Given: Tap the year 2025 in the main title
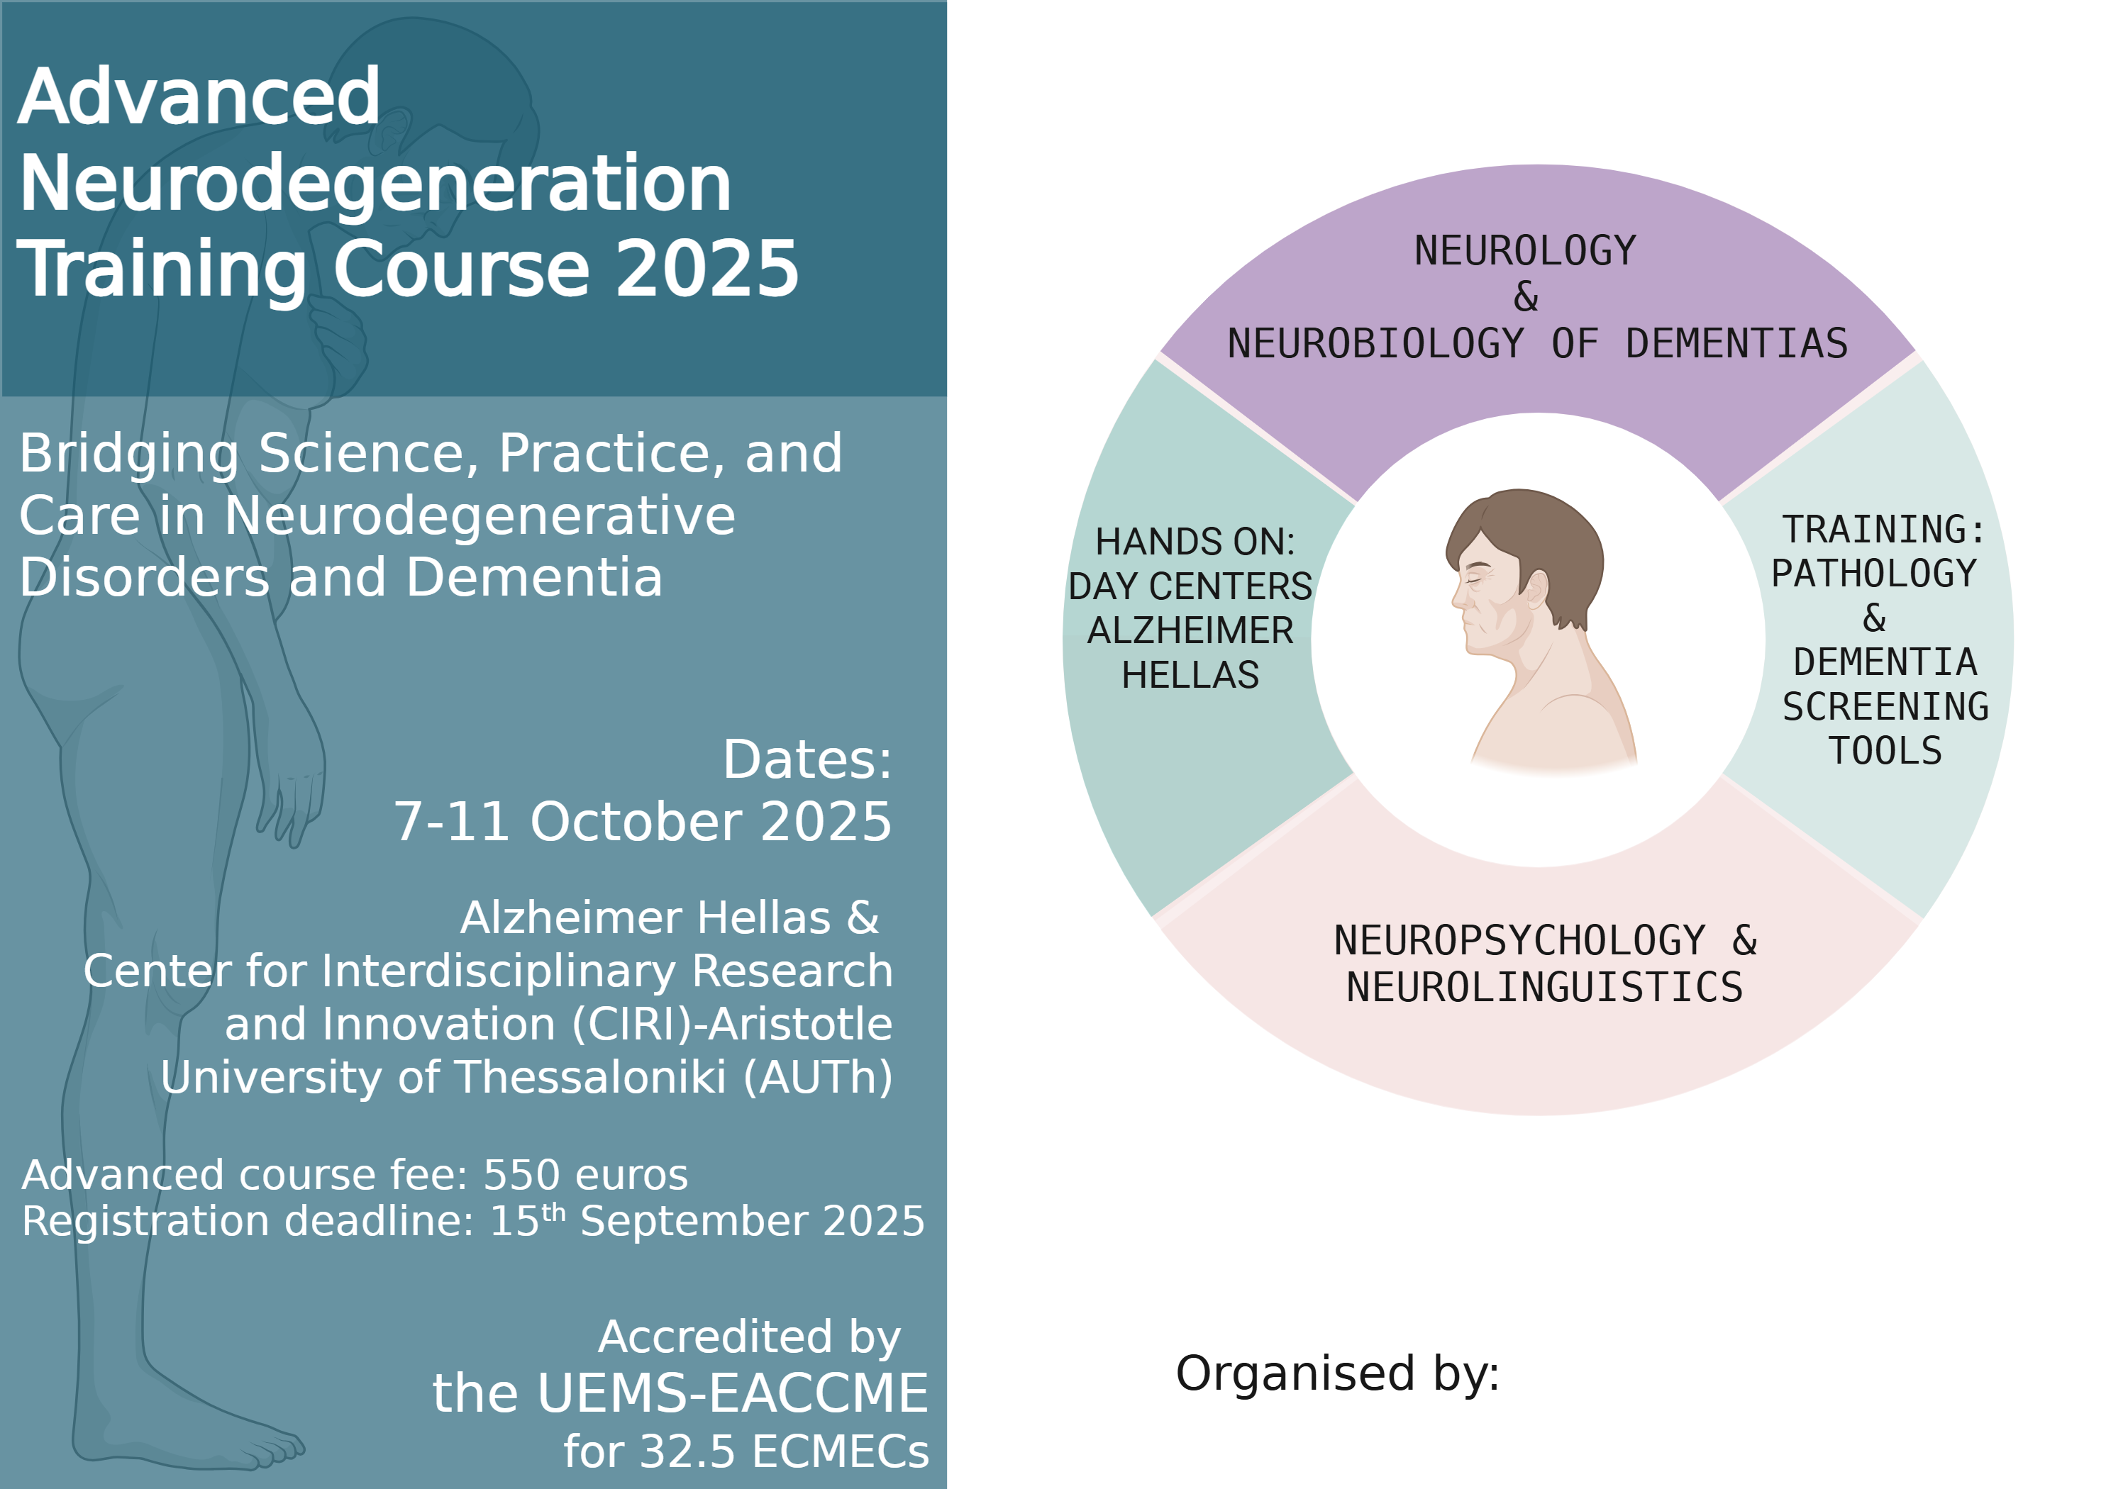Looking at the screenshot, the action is coord(707,269).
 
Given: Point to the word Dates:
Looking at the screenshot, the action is coord(807,760).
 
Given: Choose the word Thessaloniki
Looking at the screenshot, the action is coord(590,1078).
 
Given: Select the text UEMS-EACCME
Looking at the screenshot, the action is coord(732,1393).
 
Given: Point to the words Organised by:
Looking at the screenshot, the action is coord(1337,1374).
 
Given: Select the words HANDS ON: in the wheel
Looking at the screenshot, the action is coord(1195,542).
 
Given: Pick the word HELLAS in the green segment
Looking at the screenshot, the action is coord(1190,676).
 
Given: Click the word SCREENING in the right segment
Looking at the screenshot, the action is coord(1885,707).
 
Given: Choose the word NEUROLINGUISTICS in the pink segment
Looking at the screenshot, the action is coord(1544,988).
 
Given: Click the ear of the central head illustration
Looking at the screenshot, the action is coord(1536,589).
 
